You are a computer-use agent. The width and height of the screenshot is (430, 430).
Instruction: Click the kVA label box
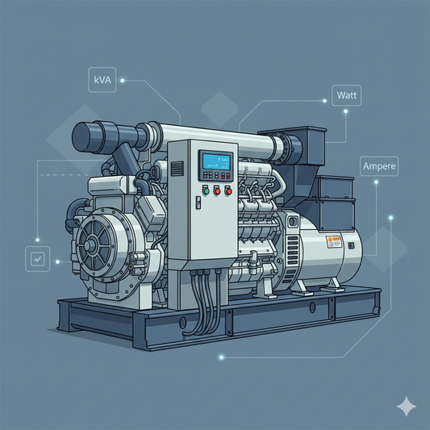point(102,80)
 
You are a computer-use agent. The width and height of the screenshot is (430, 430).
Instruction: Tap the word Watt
point(347,95)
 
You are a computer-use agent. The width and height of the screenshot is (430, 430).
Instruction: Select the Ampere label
point(379,166)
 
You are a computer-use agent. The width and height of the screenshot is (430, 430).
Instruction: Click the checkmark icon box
point(38,259)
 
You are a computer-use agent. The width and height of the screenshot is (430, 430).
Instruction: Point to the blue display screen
point(217,162)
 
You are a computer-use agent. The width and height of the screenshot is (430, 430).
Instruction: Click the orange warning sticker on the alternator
point(334,242)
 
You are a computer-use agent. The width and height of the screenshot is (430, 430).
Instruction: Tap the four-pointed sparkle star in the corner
point(407,407)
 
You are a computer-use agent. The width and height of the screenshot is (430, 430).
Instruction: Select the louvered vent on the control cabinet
point(177,169)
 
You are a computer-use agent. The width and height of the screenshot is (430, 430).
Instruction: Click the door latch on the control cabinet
point(198,202)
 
